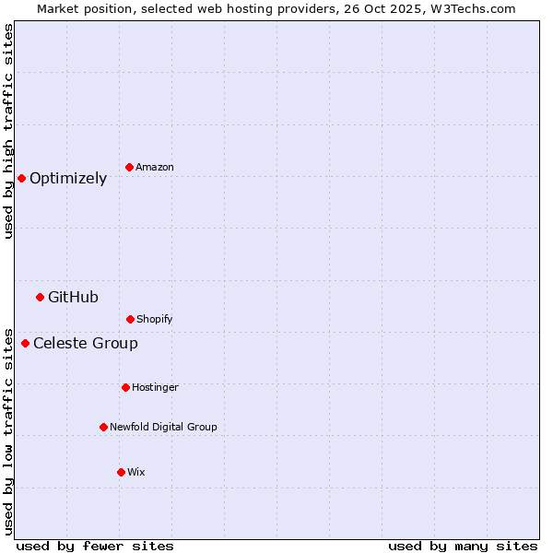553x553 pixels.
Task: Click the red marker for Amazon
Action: click(x=129, y=167)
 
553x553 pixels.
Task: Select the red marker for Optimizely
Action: click(x=21, y=178)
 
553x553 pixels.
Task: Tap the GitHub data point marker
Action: click(x=40, y=297)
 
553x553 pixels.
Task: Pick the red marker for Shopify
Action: click(x=130, y=319)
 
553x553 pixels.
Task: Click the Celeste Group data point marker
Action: click(x=25, y=344)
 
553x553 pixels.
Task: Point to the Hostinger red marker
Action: click(x=125, y=387)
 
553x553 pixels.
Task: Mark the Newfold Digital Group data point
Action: click(x=103, y=427)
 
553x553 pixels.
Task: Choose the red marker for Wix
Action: click(x=121, y=472)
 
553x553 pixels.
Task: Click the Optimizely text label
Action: click(x=68, y=179)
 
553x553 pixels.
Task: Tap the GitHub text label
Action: click(x=73, y=297)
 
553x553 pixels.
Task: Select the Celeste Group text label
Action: click(x=86, y=344)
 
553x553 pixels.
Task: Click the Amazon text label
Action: click(x=155, y=167)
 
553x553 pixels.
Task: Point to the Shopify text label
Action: click(x=155, y=319)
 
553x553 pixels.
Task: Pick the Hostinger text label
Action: click(x=155, y=387)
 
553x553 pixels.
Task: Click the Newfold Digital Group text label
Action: click(x=163, y=427)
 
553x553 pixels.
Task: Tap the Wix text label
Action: click(x=136, y=472)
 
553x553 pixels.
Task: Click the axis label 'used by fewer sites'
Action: click(x=95, y=546)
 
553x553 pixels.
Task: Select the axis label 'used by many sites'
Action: click(x=463, y=546)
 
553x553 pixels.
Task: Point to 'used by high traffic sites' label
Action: click(x=8, y=131)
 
